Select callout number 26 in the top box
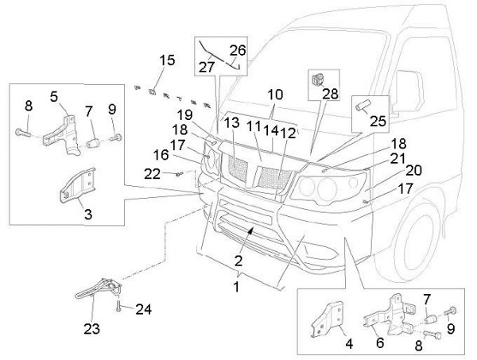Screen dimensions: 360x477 238,50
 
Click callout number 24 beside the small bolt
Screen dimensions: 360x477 142,309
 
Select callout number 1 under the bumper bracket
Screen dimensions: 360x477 236,285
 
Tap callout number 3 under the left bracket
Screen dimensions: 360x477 87,214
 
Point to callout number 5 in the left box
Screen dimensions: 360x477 54,96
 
